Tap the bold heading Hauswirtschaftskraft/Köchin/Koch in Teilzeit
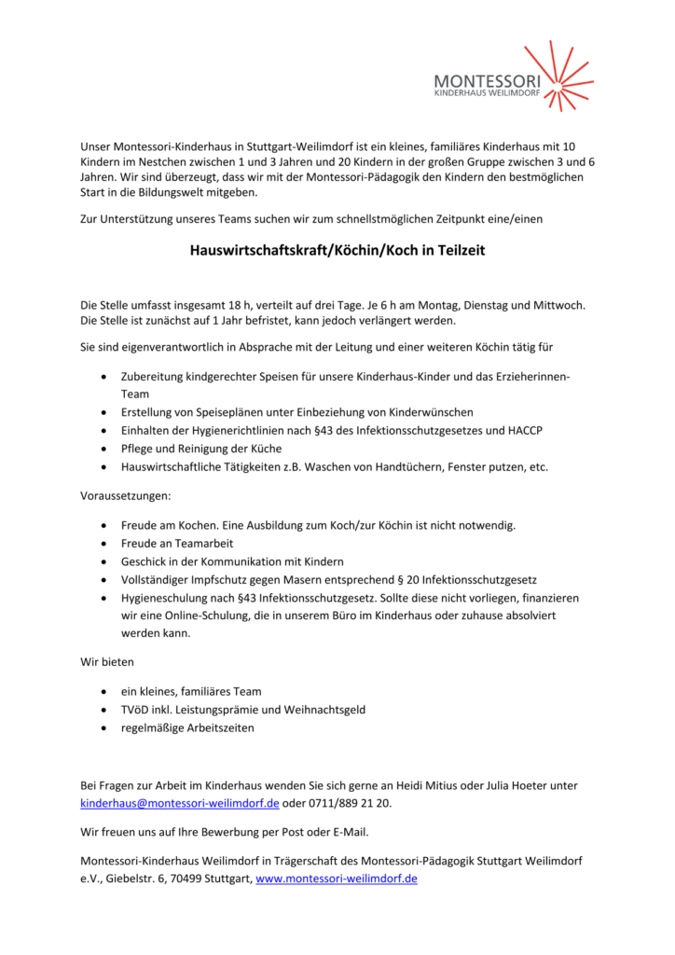click(x=337, y=250)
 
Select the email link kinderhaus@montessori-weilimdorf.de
click(x=180, y=804)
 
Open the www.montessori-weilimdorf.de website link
click(x=337, y=879)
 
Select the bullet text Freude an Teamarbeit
click(x=177, y=543)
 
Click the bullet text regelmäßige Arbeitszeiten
click(x=187, y=727)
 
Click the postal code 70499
click(x=179, y=879)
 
